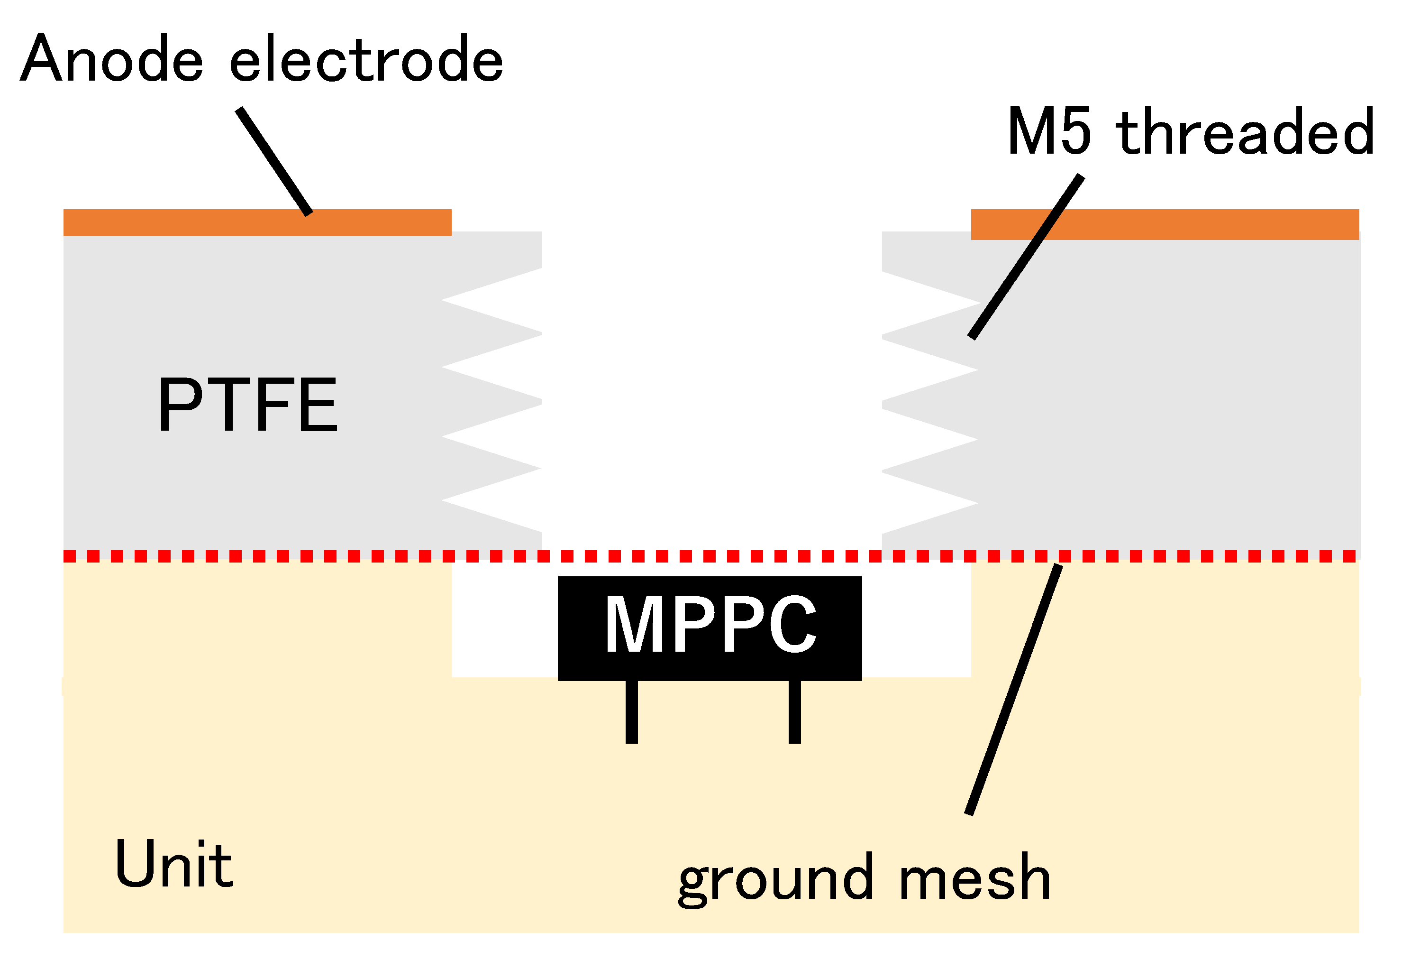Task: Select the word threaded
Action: click(x=1245, y=130)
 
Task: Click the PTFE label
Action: click(x=248, y=404)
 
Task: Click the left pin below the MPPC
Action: click(x=631, y=711)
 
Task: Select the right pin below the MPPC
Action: click(x=794, y=711)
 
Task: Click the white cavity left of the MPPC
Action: click(x=504, y=620)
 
